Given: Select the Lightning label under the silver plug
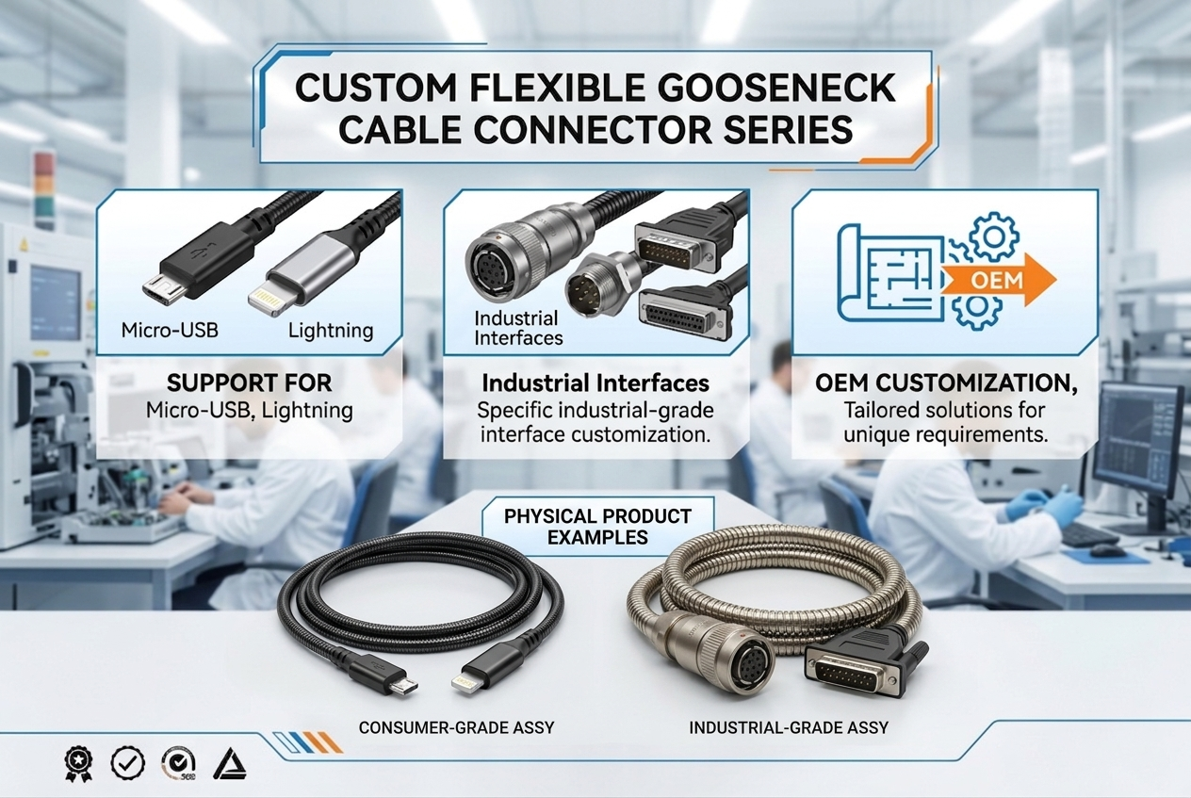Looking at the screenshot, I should click(330, 331).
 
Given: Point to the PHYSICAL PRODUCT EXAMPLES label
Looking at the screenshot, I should click(597, 527).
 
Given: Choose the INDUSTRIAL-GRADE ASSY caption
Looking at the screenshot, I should click(789, 727).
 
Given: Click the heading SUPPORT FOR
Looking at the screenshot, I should click(250, 384).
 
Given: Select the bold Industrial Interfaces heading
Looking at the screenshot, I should click(595, 384).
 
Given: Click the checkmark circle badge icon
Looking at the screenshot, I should click(127, 762).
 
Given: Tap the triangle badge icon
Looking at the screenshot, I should click(229, 762).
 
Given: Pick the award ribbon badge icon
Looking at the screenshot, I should click(77, 762).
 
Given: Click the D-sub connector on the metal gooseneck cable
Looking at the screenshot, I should click(859, 672).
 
